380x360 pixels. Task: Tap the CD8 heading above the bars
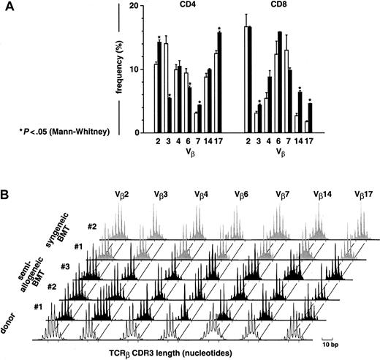coord(278,7)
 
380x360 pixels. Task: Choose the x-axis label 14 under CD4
coord(208,140)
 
